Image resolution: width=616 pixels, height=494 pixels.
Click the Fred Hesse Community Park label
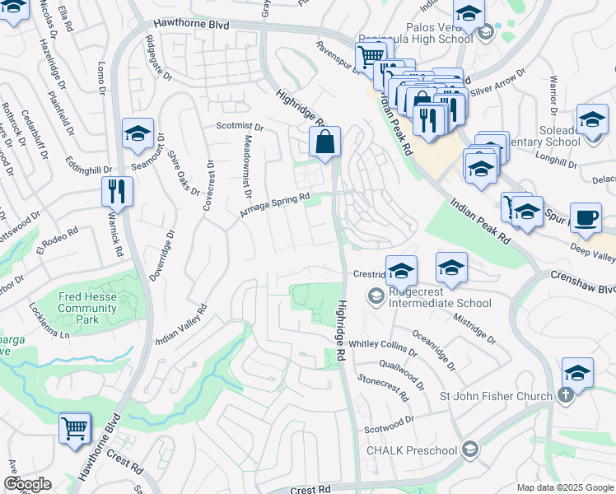point(86,308)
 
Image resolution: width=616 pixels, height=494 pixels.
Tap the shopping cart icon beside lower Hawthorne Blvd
point(75,430)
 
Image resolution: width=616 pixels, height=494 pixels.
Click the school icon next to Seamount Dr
point(138,133)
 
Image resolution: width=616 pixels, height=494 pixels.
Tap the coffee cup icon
point(586,218)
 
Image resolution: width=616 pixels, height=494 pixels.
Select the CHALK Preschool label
point(411,450)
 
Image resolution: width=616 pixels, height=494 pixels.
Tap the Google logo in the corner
point(27,484)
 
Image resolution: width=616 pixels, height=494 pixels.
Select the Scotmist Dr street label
point(239,128)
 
